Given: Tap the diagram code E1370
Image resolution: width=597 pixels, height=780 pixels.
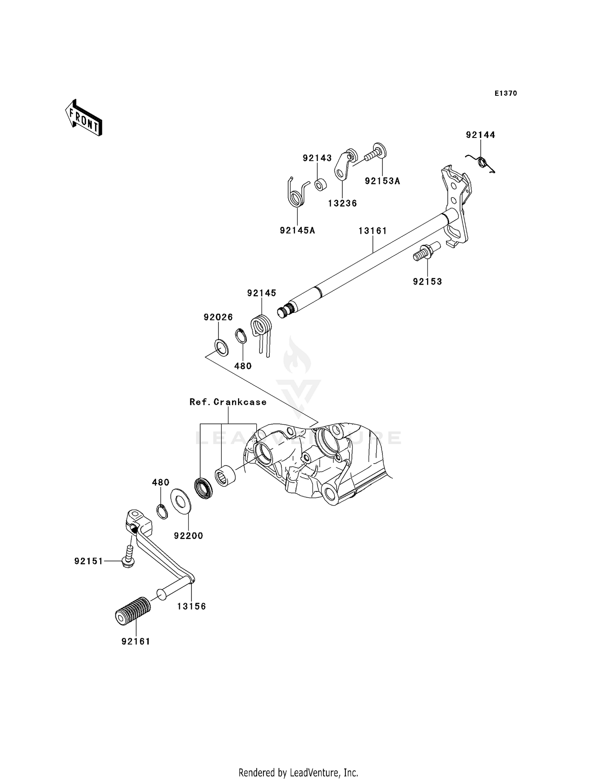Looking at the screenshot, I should pyautogui.click(x=505, y=93).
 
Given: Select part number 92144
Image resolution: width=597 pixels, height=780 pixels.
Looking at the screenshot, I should pyautogui.click(x=480, y=135).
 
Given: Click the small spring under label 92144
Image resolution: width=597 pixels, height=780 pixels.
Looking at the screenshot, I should pyautogui.click(x=482, y=162).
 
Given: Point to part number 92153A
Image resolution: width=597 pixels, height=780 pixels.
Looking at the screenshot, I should pyautogui.click(x=382, y=181).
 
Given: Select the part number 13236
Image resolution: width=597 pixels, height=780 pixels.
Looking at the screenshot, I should pyautogui.click(x=342, y=204).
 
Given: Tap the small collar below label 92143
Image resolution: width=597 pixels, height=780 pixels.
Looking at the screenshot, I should pyautogui.click(x=320, y=185).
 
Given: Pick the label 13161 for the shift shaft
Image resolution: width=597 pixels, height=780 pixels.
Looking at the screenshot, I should pyautogui.click(x=373, y=231).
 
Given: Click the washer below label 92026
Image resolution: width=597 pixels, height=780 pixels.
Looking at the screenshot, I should pyautogui.click(x=222, y=347).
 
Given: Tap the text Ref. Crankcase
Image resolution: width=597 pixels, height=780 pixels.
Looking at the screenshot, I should pyautogui.click(x=228, y=402).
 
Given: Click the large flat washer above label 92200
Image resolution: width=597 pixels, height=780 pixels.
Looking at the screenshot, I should pyautogui.click(x=180, y=501).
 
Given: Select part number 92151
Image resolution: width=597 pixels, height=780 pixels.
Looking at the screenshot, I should pyautogui.click(x=88, y=561).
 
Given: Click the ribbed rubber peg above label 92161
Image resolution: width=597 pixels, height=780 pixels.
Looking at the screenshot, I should pyautogui.click(x=133, y=611).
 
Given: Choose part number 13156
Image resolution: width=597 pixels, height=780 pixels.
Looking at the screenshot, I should pyautogui.click(x=191, y=606).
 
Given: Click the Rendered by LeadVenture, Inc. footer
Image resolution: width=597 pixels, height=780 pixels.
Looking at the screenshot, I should pyautogui.click(x=298, y=772).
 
